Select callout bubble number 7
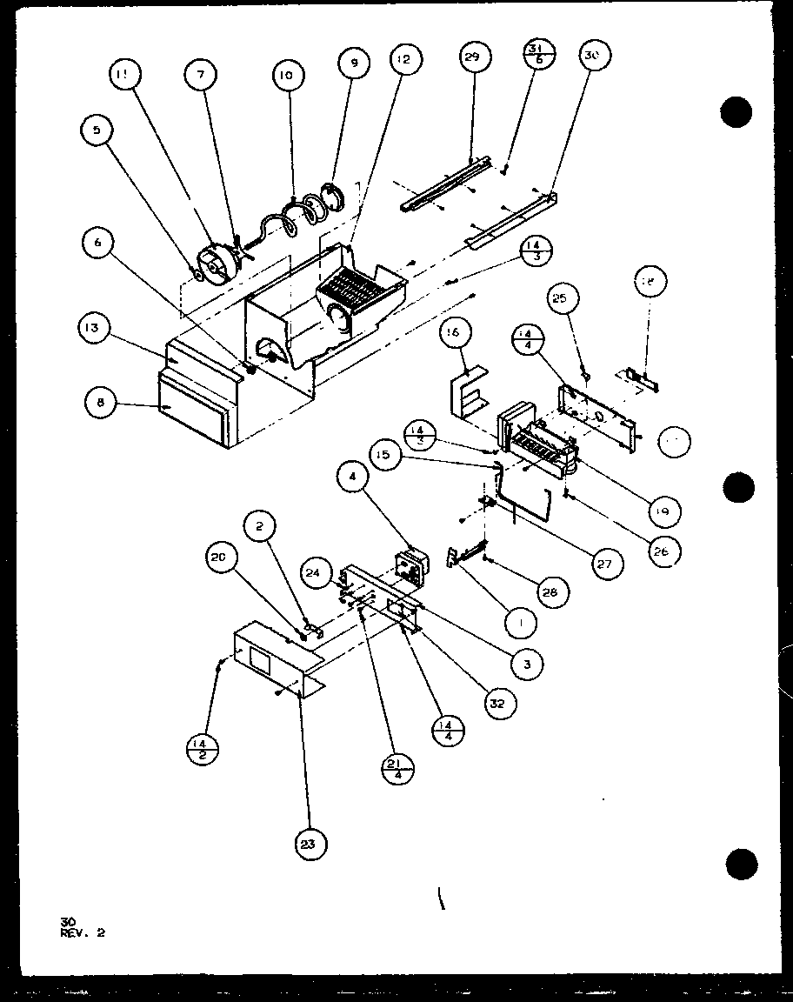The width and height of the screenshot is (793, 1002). [x=200, y=76]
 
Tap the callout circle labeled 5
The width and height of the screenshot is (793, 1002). [x=97, y=130]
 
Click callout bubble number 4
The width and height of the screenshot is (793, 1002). [x=353, y=478]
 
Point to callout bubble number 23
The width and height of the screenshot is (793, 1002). [x=311, y=841]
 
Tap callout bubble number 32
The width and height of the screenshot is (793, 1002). [x=498, y=702]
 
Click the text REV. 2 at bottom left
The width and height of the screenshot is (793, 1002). [x=83, y=935]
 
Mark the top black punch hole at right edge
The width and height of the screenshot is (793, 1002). [x=736, y=111]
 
